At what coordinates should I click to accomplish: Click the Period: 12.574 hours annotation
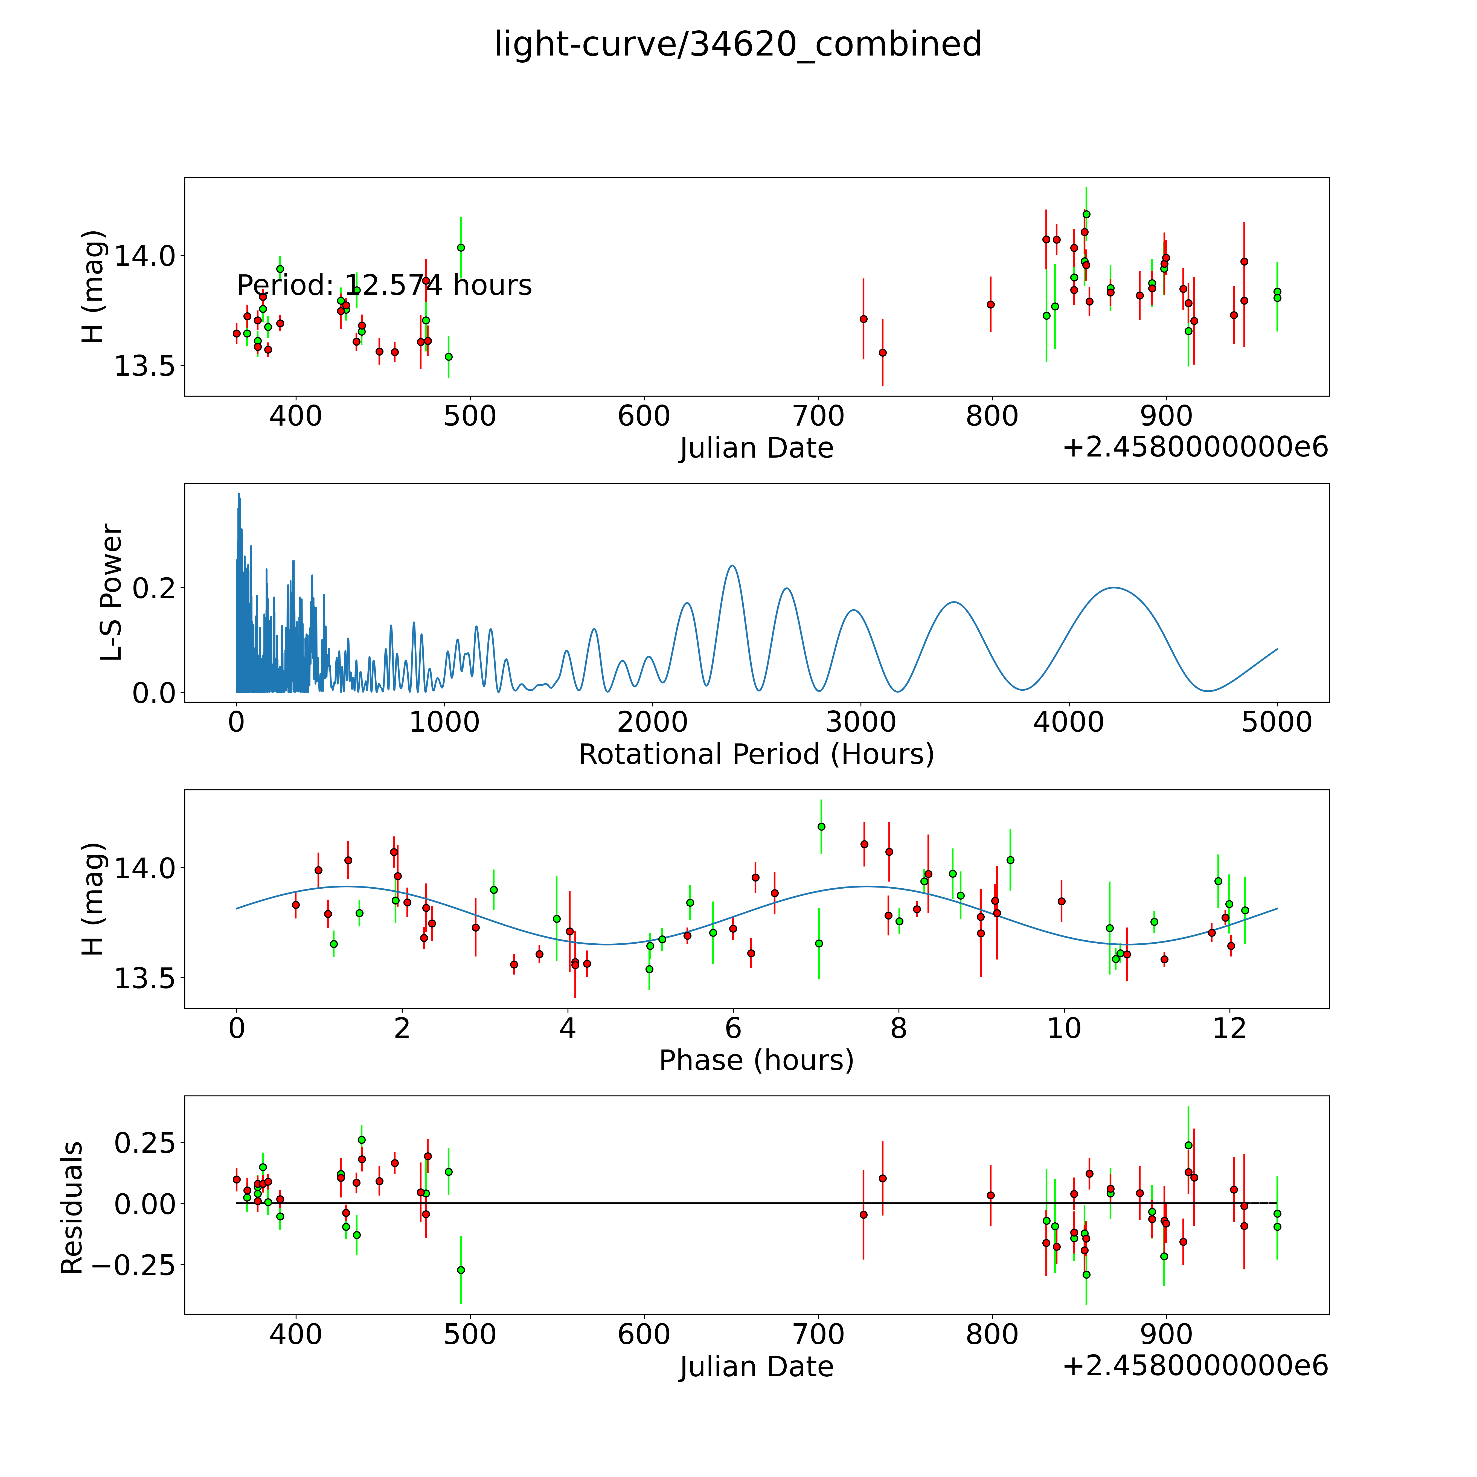click(x=384, y=285)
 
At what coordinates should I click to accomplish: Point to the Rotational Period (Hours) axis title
click(x=756, y=755)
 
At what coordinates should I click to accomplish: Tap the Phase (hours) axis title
click(x=756, y=1060)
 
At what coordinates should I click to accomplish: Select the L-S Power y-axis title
click(x=111, y=592)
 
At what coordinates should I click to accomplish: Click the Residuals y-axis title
click(x=71, y=1208)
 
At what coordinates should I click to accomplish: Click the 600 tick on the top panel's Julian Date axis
click(x=644, y=417)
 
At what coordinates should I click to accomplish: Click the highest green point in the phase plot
click(x=821, y=826)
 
